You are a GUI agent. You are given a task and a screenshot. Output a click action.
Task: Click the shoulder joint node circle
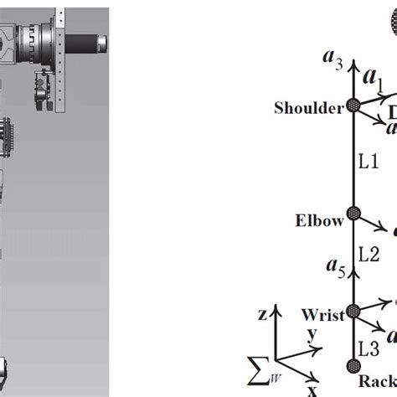tap(353, 106)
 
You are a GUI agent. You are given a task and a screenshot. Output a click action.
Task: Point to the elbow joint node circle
tap(353, 214)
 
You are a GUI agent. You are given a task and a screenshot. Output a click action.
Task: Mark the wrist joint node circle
tap(353, 311)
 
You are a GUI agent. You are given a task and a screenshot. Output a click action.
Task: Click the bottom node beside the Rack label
tap(353, 365)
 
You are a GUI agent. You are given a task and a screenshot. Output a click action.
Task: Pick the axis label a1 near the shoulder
tap(377, 83)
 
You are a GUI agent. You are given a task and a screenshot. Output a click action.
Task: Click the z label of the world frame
tap(263, 315)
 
